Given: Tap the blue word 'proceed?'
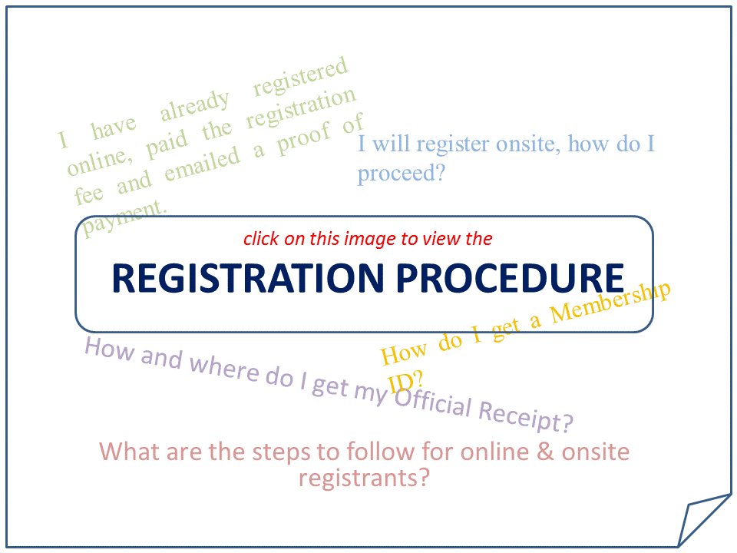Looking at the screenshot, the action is point(402,174).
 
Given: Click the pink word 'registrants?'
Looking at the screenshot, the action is point(363,478).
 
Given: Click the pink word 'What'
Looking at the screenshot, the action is point(128,451).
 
